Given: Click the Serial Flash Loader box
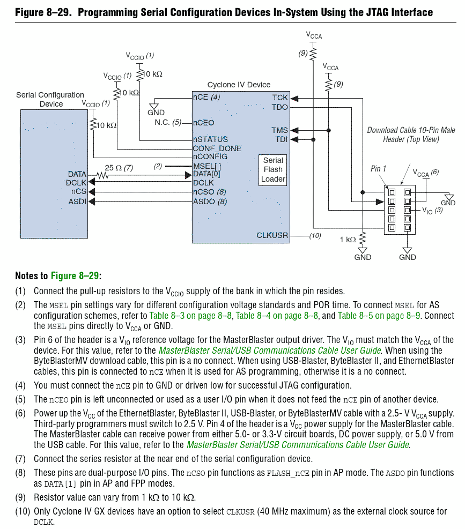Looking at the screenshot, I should tap(273, 170).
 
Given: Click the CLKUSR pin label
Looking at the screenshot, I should tap(272, 235).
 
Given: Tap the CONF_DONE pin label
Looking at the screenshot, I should tap(217, 148).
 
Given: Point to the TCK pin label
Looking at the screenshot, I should tap(280, 98).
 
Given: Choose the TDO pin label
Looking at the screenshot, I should tap(280, 107).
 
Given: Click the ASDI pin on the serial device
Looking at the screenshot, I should tap(77, 201).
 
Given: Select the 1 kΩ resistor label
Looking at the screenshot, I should tap(348, 240).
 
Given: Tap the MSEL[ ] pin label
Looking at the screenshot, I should tap(206, 166).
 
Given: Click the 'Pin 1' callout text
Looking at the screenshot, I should tap(378, 169).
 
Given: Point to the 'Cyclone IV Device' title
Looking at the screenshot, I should tap(239, 85).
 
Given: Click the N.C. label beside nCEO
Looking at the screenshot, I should tap(162, 123).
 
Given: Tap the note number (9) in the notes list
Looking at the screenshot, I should tap(21, 497).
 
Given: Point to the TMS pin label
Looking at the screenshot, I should tap(280, 130).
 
